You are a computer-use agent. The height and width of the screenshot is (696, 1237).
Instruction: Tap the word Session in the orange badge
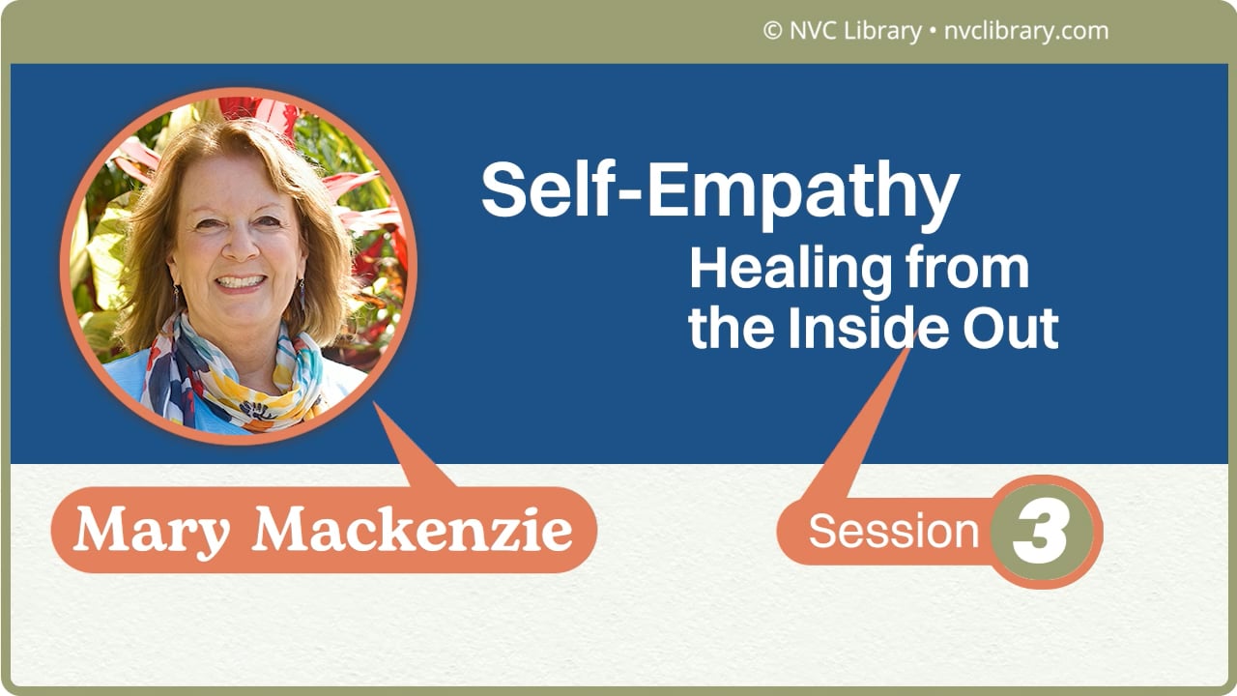pyautogui.click(x=893, y=531)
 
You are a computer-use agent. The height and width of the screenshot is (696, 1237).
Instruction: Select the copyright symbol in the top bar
pyautogui.click(x=771, y=31)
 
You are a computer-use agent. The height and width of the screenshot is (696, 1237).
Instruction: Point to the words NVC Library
pyautogui.click(x=854, y=31)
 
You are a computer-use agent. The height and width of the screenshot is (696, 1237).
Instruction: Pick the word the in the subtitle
pyautogui.click(x=731, y=329)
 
